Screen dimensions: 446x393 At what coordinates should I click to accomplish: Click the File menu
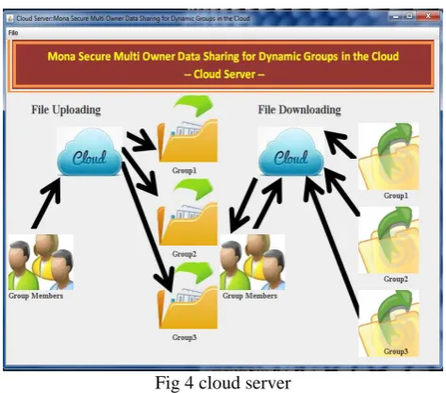(13, 33)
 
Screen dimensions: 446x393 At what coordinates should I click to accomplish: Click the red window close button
(428, 16)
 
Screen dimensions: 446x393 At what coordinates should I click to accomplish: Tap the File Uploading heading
(66, 110)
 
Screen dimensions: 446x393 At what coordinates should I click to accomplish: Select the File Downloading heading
(299, 110)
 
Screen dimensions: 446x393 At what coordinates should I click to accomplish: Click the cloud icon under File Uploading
(90, 152)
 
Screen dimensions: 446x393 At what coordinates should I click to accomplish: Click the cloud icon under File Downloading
(291, 152)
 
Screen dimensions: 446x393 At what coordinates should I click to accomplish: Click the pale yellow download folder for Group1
(388, 157)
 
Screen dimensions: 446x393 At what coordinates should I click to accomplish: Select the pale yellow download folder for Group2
(388, 240)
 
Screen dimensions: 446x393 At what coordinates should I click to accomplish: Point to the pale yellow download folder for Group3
(388, 323)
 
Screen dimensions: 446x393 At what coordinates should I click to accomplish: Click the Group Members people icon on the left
(41, 262)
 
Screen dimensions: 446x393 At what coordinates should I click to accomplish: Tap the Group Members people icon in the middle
(253, 262)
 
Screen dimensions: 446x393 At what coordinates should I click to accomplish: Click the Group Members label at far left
(36, 296)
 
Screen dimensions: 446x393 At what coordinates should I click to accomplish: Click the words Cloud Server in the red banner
(224, 74)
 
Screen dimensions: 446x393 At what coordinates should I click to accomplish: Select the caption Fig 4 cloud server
(223, 383)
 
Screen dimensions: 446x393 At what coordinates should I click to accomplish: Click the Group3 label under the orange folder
(184, 337)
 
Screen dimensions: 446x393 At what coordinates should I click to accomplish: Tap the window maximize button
(409, 16)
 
